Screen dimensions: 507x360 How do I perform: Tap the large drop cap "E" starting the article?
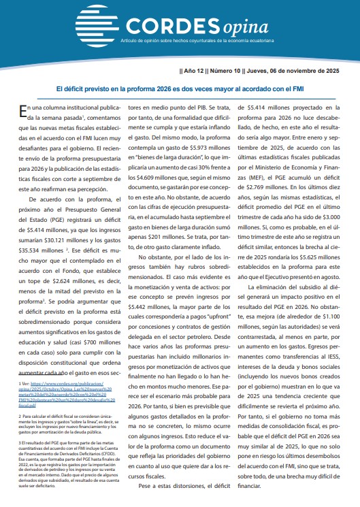click(x=24, y=112)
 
